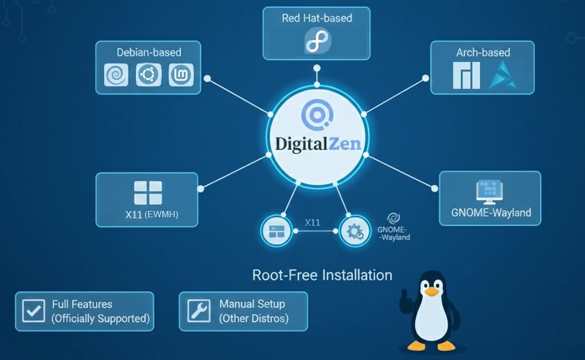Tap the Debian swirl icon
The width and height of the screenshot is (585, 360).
[116, 75]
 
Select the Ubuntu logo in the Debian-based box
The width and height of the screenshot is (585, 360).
[149, 75]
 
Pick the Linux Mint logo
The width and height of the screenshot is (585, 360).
[181, 75]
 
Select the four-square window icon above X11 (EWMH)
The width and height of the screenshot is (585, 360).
[148, 193]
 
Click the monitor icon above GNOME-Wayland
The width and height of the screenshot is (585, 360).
[490, 193]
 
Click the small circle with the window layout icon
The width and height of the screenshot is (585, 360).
[277, 231]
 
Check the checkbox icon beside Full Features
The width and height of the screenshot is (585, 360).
[33, 311]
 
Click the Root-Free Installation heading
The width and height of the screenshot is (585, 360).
[322, 275]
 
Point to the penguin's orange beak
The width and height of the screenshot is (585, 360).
[431, 292]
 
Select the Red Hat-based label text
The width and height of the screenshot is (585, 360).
[317, 18]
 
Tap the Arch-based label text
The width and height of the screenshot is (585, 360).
[483, 52]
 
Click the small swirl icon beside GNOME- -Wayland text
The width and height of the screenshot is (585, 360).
[393, 217]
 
